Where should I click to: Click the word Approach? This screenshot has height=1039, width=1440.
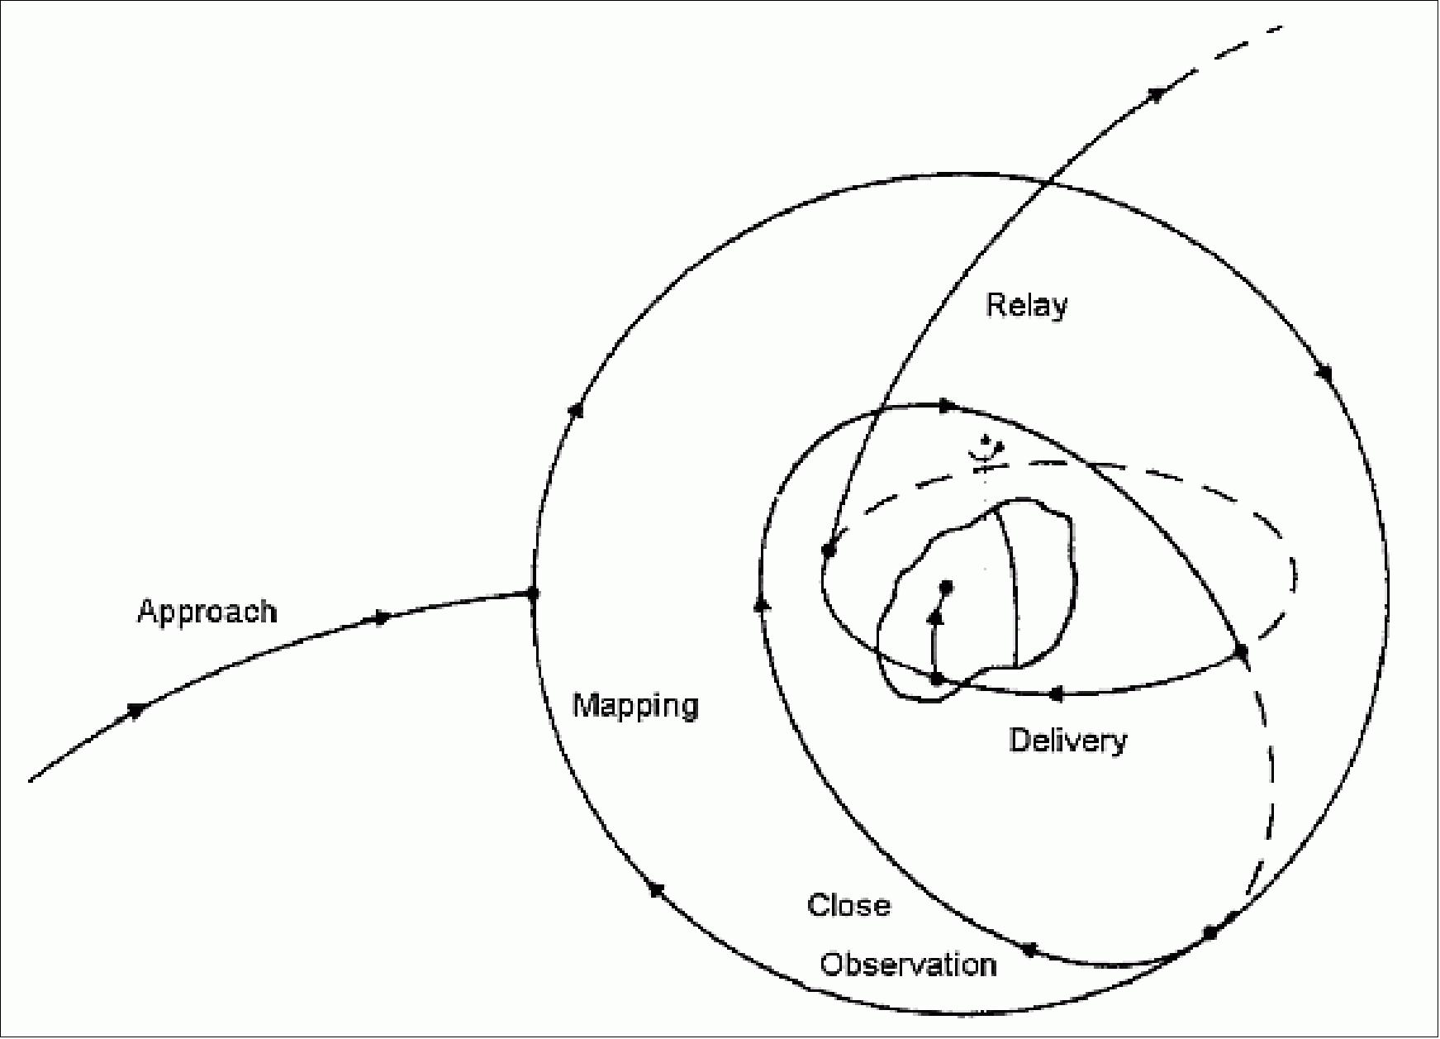click(207, 612)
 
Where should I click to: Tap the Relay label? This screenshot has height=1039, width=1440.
click(1026, 306)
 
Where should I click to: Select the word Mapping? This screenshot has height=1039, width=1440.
click(635, 706)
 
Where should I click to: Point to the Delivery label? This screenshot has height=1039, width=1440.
click(1067, 741)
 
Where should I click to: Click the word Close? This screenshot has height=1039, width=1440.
click(848, 906)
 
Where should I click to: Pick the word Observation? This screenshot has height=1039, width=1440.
click(908, 965)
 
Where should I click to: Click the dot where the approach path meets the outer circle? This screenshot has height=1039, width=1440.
click(533, 593)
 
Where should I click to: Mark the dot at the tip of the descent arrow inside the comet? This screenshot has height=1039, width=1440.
click(947, 587)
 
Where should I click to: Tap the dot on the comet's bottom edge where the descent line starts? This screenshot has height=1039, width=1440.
click(937, 679)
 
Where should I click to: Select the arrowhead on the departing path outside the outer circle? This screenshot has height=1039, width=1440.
click(1158, 94)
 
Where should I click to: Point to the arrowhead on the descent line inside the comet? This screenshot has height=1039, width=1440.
click(935, 617)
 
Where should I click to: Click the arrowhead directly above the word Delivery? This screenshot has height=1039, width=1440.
click(1054, 695)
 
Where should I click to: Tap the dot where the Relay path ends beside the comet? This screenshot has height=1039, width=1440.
click(829, 550)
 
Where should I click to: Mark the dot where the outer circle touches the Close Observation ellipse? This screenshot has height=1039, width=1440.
click(1210, 933)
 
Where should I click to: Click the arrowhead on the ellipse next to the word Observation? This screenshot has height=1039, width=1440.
click(1029, 950)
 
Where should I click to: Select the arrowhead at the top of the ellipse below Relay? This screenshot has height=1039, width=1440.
click(948, 406)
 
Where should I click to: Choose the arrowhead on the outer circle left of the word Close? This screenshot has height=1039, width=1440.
click(656, 889)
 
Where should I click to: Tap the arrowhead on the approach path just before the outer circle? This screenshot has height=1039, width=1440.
click(382, 617)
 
